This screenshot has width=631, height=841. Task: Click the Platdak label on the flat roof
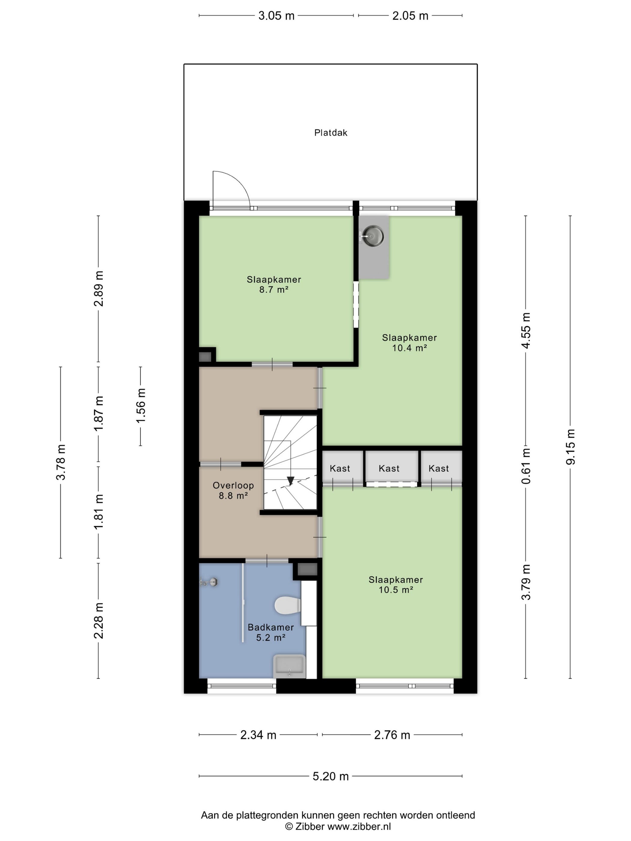coord(331,133)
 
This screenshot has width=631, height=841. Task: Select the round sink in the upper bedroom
coord(372,236)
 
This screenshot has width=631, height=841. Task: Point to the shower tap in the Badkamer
coord(209,582)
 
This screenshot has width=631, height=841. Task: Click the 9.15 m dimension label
coord(570,446)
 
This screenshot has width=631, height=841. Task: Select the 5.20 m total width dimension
coord(331,776)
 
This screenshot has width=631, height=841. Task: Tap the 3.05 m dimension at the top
coord(276,16)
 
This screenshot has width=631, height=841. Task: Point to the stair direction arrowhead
coord(291,481)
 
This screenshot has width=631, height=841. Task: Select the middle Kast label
coord(389,468)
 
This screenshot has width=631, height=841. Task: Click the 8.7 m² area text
coord(274,290)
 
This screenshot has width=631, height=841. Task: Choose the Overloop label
coord(233,485)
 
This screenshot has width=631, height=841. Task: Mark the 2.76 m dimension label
coord(392,735)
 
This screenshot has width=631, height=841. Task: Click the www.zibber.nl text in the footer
coord(359,826)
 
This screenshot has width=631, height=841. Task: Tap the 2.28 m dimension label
coord(99,620)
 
